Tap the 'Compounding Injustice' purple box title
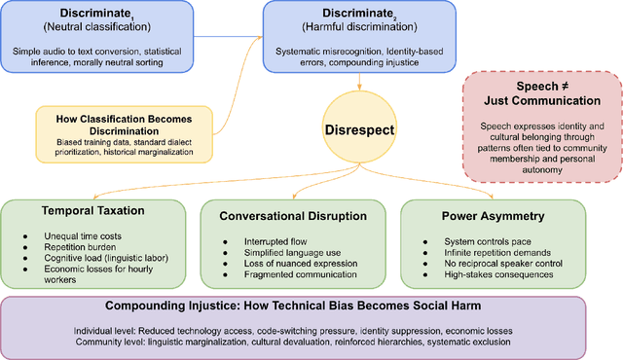click(x=311, y=307)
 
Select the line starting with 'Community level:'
click(x=311, y=342)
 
